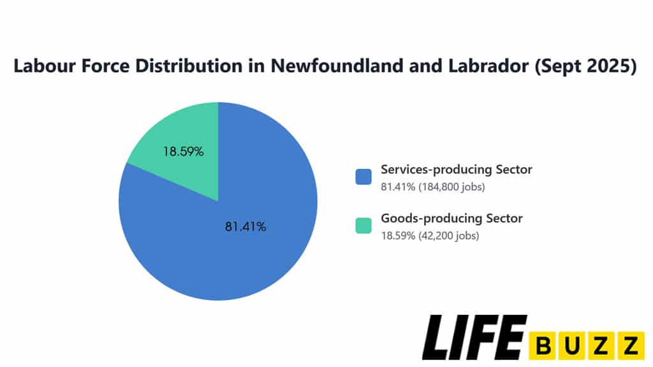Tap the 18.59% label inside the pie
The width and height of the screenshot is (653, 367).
click(183, 152)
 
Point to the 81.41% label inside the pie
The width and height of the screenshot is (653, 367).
click(246, 226)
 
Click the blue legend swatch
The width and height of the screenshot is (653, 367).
click(363, 176)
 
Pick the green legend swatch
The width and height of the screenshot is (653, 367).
click(363, 225)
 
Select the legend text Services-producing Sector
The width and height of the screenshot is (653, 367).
click(456, 170)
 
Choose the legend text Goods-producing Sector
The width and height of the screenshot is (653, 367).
click(451, 219)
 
